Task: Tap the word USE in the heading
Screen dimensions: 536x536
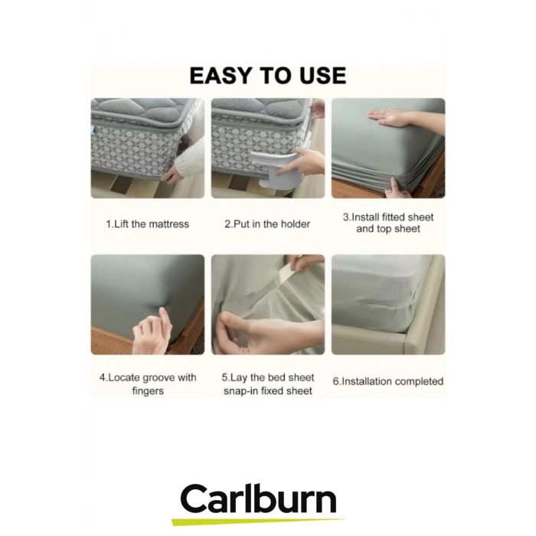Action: (322, 76)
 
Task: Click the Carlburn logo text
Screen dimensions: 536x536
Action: (259, 498)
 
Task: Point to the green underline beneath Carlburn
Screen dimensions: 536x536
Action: (259, 521)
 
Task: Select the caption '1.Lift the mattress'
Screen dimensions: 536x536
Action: (147, 224)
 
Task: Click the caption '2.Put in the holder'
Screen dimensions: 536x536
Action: (267, 224)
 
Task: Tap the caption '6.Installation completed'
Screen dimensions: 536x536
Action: (388, 381)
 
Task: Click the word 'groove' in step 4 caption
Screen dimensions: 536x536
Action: (159, 377)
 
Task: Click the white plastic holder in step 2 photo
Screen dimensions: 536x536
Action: (277, 169)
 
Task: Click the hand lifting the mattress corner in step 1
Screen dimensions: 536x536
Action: (172, 175)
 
